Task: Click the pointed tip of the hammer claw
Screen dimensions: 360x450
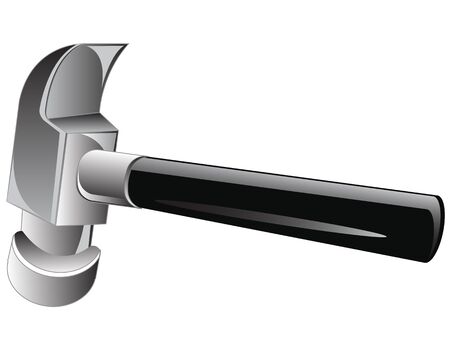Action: pos(126,46)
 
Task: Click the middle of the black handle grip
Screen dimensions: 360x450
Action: pos(280,205)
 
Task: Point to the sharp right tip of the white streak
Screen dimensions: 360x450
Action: pos(384,237)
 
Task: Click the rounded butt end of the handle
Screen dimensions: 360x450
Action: pos(434,228)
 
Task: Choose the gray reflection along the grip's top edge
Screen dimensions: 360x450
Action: pos(280,178)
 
